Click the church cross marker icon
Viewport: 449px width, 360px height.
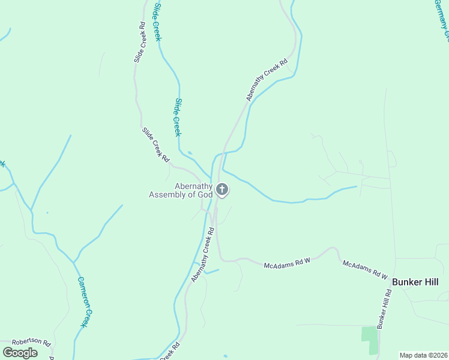222,190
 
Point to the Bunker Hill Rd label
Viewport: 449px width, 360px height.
384,308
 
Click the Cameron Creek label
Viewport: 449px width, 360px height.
85,301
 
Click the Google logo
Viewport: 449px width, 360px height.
20,352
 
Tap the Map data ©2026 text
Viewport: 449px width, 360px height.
423,355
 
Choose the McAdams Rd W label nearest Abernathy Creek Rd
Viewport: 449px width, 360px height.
287,263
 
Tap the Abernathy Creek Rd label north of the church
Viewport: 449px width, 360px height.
267,79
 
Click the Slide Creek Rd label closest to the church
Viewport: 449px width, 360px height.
155,144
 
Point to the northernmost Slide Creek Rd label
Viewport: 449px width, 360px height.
139,43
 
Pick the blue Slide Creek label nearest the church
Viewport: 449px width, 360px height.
177,116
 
